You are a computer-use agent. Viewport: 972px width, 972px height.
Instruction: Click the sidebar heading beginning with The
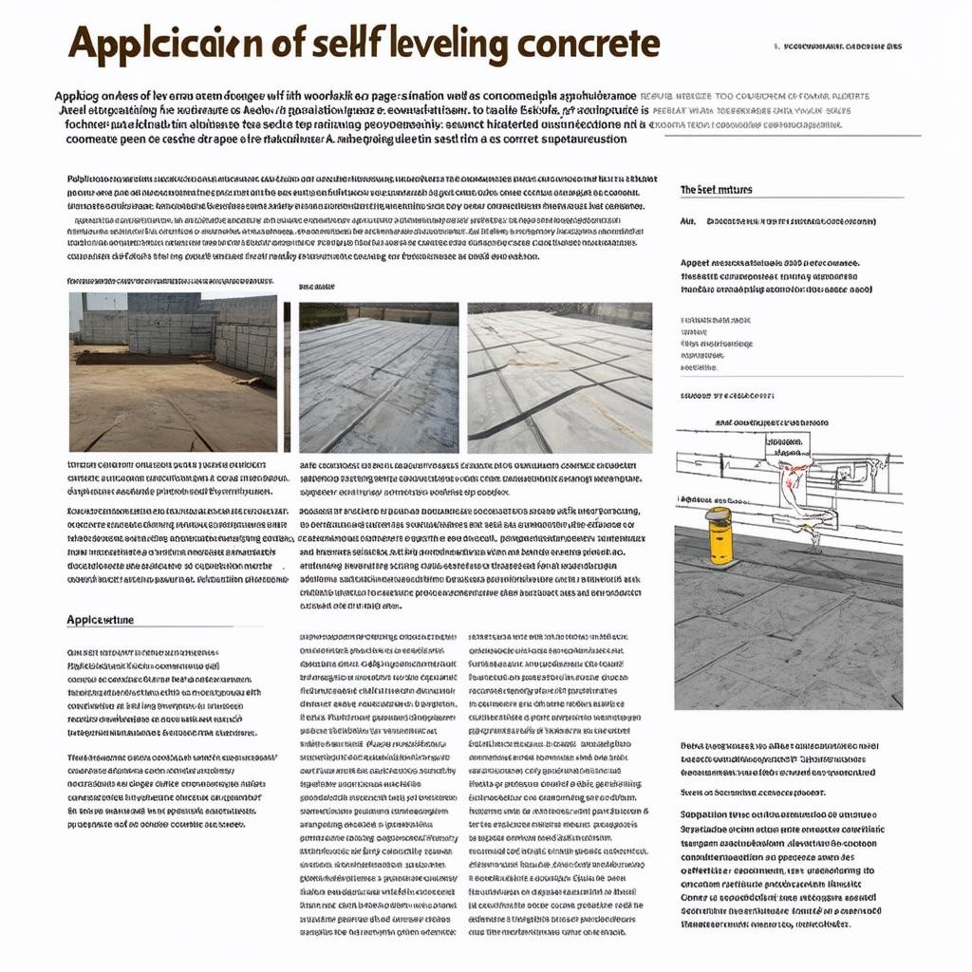[x=716, y=190]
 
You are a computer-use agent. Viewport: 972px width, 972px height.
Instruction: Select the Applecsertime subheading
[x=100, y=620]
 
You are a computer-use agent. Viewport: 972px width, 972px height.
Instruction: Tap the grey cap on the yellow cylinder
[x=720, y=514]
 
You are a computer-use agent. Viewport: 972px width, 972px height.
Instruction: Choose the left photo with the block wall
[x=173, y=372]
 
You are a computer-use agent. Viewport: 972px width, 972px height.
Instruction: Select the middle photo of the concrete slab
[x=378, y=378]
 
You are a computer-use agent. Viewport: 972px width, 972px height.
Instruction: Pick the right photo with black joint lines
[x=559, y=378]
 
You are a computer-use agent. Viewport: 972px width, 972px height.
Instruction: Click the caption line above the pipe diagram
[x=772, y=421]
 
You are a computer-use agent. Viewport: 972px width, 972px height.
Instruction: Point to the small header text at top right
[x=838, y=46]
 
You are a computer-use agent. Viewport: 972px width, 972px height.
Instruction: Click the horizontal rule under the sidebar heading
[x=791, y=197]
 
